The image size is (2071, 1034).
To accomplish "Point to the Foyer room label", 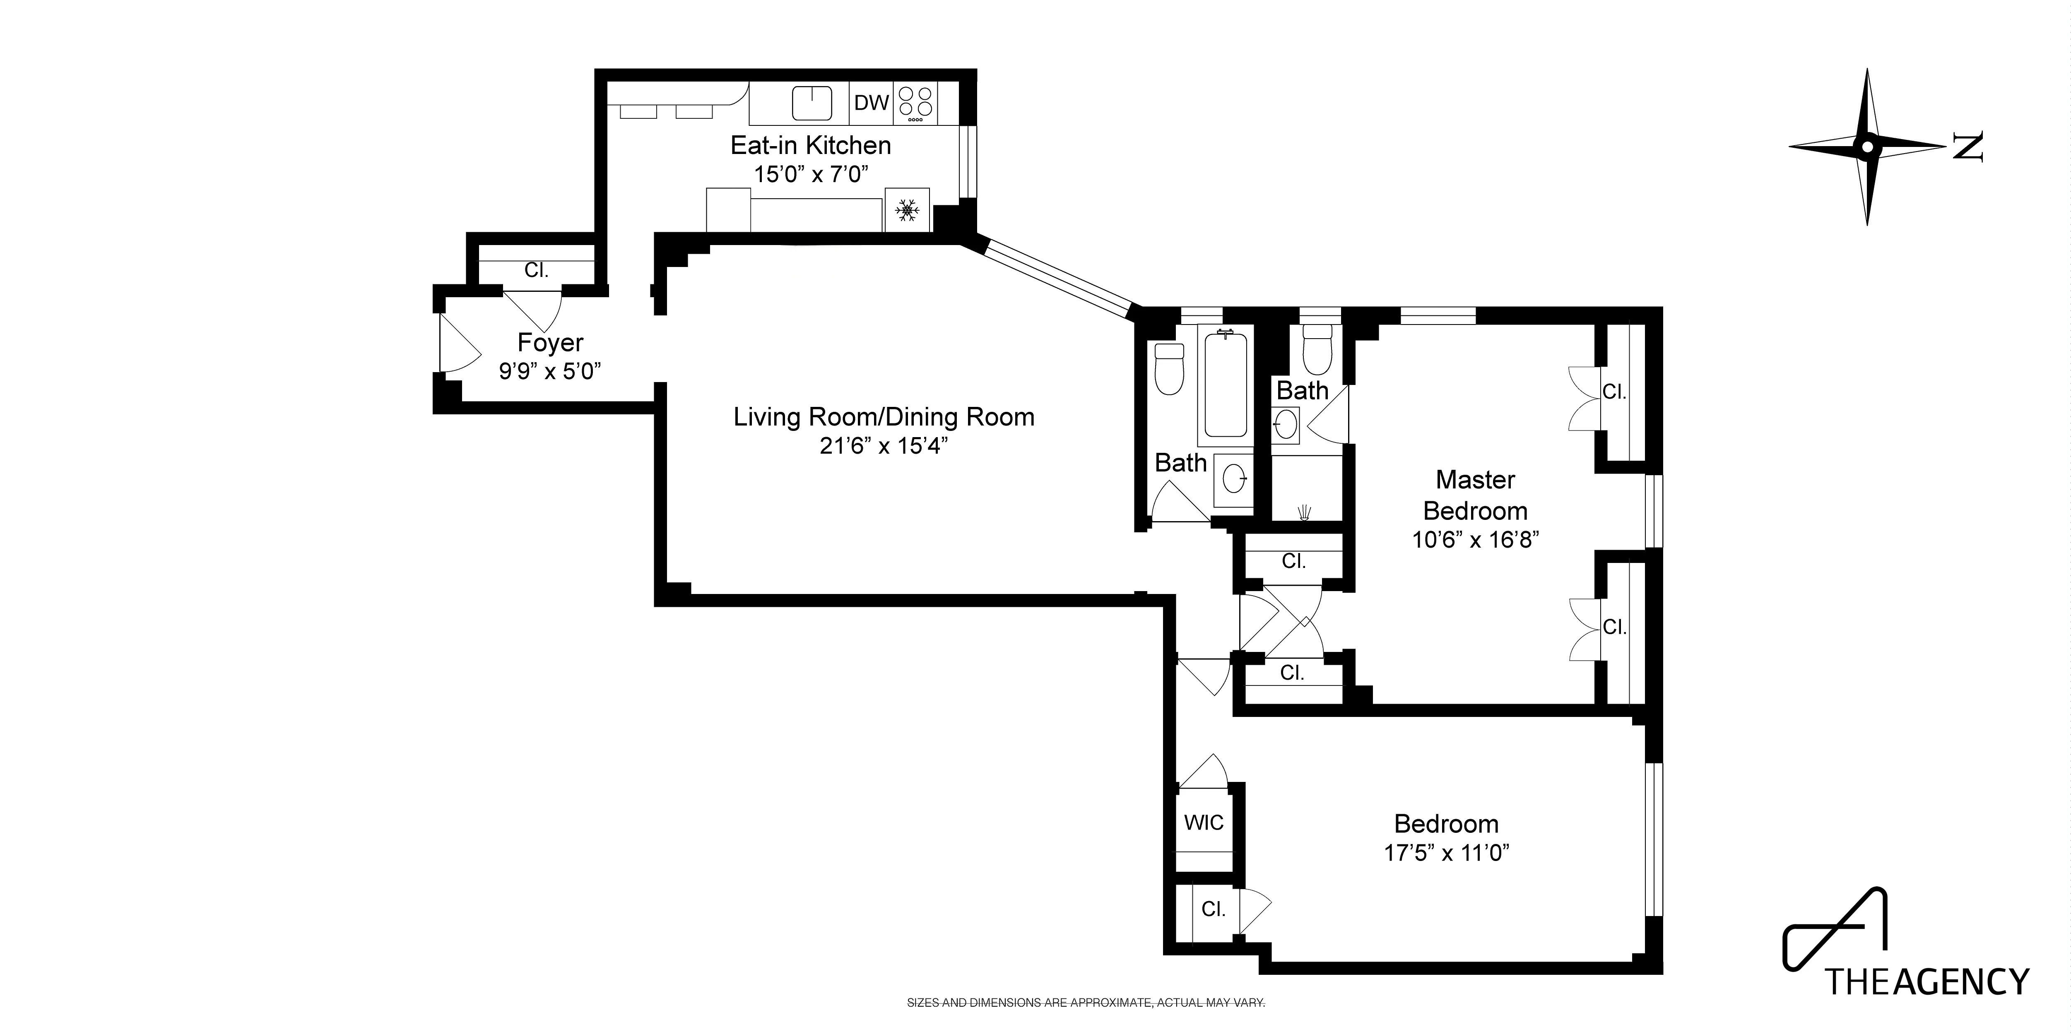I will coord(550,342).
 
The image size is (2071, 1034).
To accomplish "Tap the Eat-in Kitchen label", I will coord(810,146).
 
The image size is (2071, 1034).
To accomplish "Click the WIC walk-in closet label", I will coord(1204,822).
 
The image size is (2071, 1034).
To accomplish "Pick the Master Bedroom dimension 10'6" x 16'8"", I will coord(1475,539).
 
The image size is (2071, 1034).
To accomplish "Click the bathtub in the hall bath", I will coord(1225,384).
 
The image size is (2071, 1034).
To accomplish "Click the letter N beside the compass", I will coord(1967,147).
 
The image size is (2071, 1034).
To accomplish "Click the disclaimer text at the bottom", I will coord(1085,1003).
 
